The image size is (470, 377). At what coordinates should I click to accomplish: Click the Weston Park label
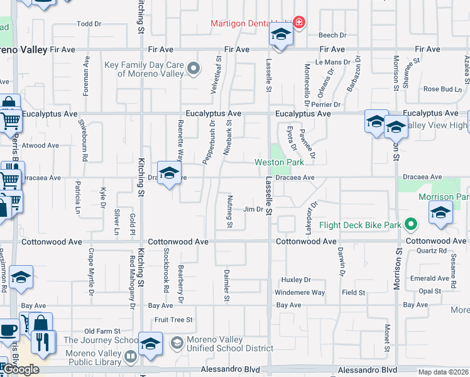point(279,162)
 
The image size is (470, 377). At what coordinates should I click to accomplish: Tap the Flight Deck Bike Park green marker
point(412,224)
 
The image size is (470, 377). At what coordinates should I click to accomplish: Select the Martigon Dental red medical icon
point(298,23)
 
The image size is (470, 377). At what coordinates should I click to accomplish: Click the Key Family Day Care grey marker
point(194,68)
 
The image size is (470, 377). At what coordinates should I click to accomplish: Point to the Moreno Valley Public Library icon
point(130,357)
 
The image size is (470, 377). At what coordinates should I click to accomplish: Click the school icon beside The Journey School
point(151,344)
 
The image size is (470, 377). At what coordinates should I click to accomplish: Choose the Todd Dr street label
point(89,24)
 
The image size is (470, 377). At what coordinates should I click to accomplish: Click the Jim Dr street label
point(252,209)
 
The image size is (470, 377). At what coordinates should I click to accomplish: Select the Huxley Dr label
point(296,280)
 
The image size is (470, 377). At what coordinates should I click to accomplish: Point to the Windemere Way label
point(300,293)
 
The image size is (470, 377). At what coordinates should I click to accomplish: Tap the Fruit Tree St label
point(173,320)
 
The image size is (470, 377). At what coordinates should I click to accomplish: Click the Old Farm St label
point(102,331)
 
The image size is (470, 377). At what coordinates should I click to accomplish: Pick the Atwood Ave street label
point(40,145)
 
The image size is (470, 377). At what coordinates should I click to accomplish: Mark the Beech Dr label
point(332,36)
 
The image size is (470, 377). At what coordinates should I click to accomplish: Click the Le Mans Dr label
point(332,62)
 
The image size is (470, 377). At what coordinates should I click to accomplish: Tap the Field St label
point(353,293)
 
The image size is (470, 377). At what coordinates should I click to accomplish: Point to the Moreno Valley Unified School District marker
point(177,343)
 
